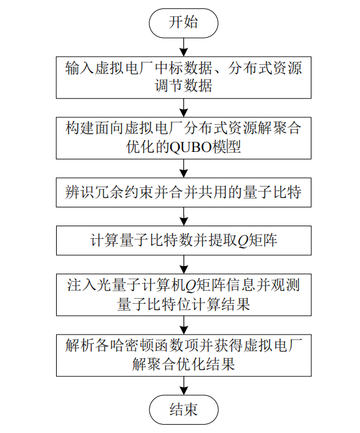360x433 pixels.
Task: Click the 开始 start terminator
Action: (183, 23)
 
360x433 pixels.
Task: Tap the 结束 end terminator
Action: (183, 410)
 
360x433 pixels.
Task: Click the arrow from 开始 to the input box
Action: (183, 47)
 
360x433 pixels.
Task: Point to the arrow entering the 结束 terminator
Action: (183, 386)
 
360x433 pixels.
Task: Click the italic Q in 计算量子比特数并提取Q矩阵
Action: (242, 241)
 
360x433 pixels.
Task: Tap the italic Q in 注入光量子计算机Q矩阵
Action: (190, 286)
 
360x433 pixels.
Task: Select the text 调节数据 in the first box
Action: (183, 86)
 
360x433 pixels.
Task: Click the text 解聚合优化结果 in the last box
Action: (183, 364)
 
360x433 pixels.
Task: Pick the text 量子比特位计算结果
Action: (183, 304)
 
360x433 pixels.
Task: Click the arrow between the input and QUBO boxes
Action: (183, 108)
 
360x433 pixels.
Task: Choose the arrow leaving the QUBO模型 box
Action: (183, 168)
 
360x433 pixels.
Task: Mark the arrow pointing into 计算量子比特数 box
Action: (183, 217)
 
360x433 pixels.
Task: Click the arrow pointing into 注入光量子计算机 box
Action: (183, 265)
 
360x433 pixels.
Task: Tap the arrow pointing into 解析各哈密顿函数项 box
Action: (183, 325)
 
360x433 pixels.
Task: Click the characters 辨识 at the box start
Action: (80, 192)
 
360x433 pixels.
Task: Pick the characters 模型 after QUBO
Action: (227, 147)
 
